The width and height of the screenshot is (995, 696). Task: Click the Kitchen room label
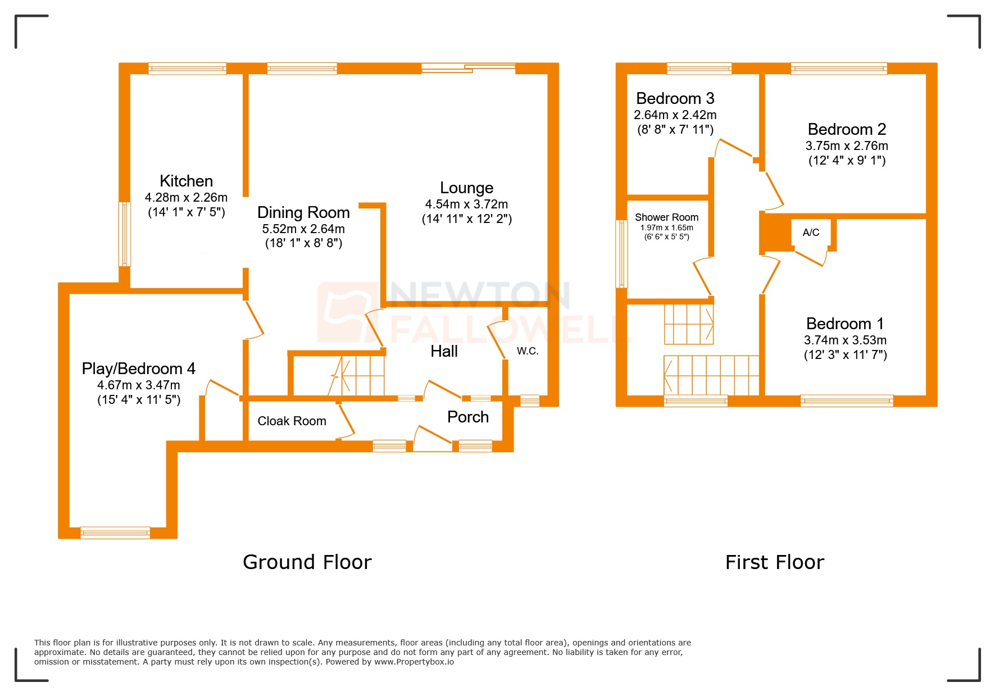(x=186, y=181)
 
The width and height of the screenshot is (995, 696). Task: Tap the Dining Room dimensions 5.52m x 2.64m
(x=303, y=229)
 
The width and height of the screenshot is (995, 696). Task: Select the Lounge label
(x=466, y=188)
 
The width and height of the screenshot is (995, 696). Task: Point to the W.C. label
(x=528, y=351)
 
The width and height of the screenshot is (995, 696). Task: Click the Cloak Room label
(x=292, y=421)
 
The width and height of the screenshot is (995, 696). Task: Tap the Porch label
(x=467, y=417)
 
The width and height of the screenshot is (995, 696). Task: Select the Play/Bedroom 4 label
(x=138, y=369)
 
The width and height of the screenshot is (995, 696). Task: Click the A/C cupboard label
(x=811, y=233)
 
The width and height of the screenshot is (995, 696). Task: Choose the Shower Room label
(x=666, y=217)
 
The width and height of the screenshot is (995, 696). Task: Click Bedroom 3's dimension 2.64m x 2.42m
(x=675, y=115)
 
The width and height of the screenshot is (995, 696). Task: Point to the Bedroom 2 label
(x=847, y=129)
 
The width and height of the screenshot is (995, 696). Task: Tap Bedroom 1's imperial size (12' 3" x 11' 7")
(x=845, y=354)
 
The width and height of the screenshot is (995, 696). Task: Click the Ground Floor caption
(x=307, y=562)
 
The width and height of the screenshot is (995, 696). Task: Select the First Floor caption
(x=774, y=562)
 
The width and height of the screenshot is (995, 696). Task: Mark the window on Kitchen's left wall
(x=124, y=234)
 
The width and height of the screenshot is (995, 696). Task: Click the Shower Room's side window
(x=621, y=254)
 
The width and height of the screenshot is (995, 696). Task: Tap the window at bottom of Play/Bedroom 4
(x=115, y=533)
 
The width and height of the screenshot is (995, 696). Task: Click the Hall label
(x=444, y=351)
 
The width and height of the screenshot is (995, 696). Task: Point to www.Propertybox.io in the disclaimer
(x=414, y=662)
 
